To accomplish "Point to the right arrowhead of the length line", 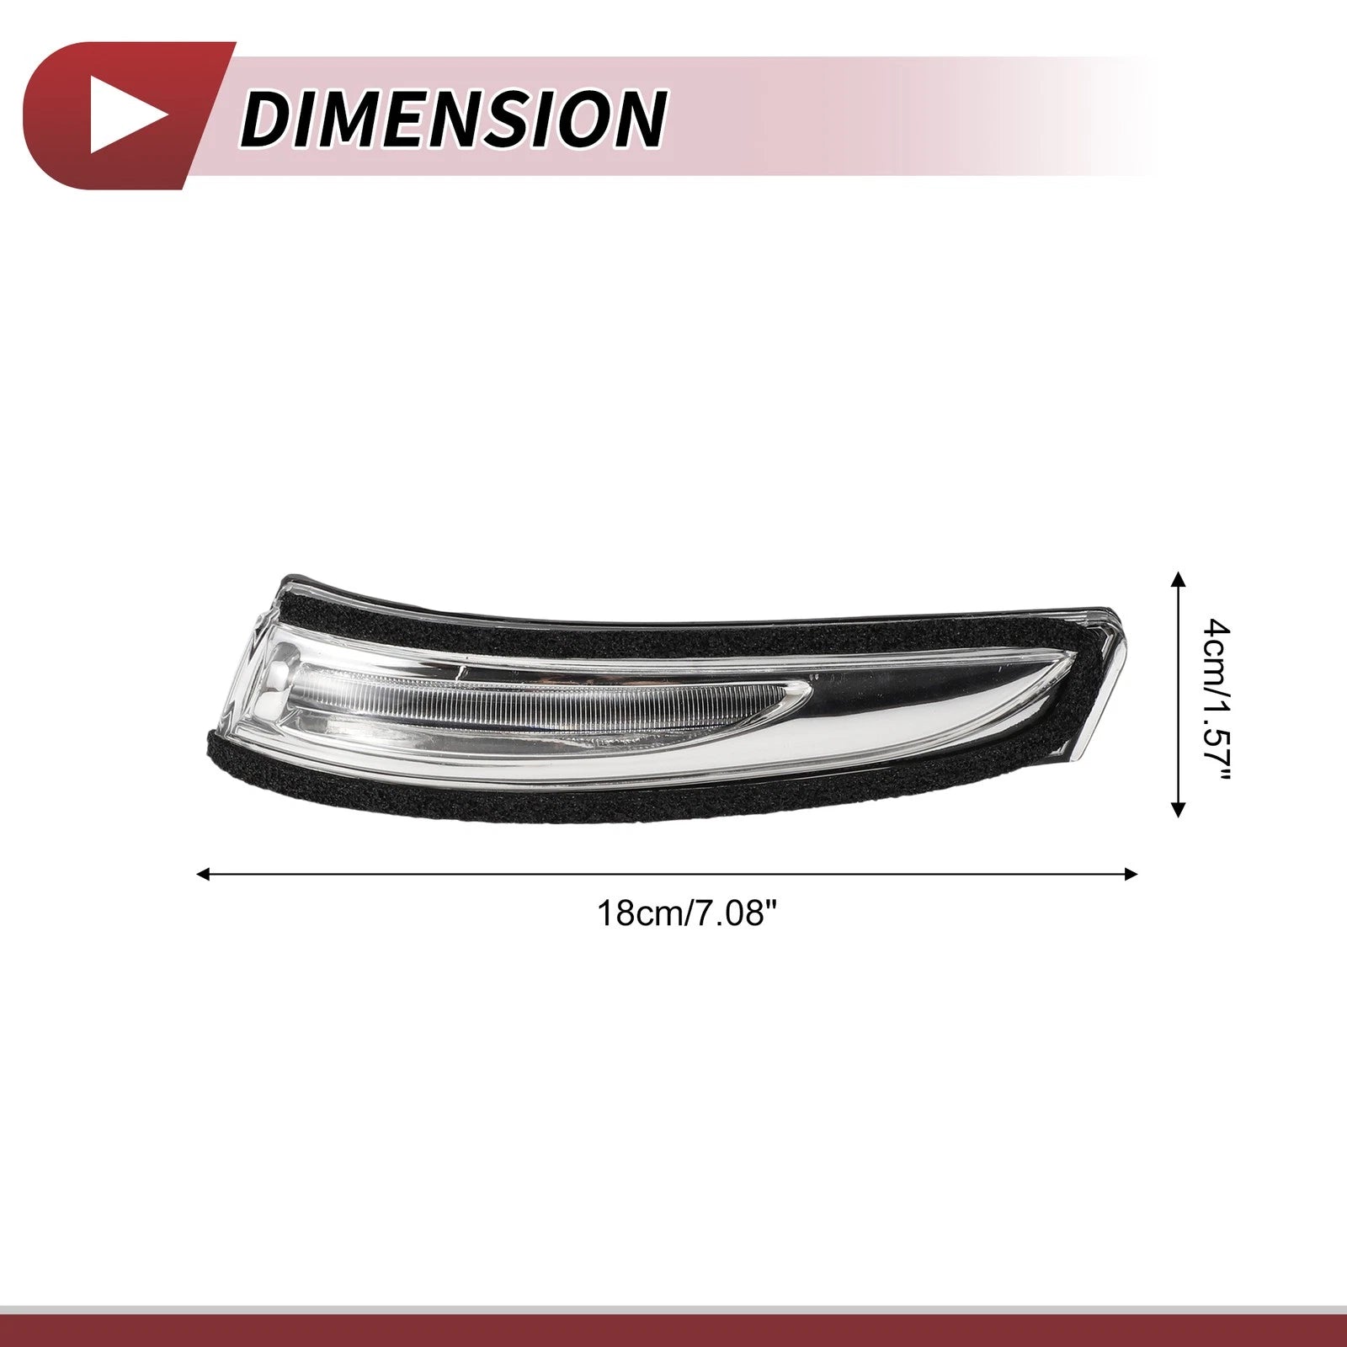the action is [1131, 874].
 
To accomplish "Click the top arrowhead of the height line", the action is [1179, 577].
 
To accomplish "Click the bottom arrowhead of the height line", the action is [1179, 811].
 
